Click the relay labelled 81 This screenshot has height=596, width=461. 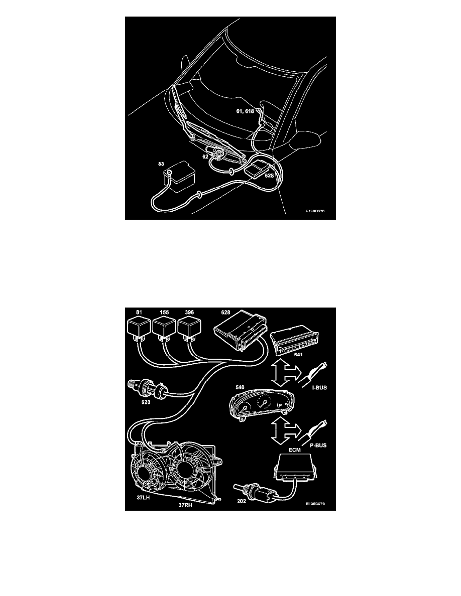pos(139,328)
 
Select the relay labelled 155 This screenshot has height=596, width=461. pos(164,328)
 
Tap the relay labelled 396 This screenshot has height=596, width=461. pos(189,328)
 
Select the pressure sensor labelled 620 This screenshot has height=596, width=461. pos(148,388)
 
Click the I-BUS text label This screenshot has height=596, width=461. pos(319,388)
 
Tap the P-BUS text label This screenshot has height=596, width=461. pos(318,445)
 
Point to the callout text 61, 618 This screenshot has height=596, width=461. pos(245,111)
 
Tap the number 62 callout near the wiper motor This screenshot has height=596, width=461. pos(205,156)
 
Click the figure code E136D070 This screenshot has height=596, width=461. pos(315,211)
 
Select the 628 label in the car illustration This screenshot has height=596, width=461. pos(269,176)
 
